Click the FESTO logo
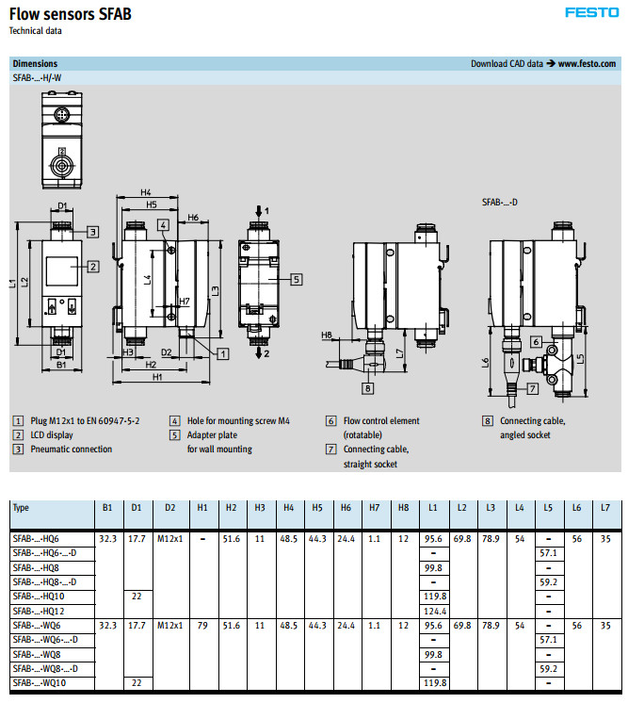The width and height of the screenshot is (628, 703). [590, 12]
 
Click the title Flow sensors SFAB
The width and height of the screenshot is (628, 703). [71, 13]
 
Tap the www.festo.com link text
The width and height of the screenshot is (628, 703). [588, 64]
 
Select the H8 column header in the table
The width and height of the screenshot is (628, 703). [404, 508]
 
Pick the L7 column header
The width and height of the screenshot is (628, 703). [606, 508]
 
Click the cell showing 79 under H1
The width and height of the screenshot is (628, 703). [203, 625]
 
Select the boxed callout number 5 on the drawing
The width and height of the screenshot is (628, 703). [296, 279]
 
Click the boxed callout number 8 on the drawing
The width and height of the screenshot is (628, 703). [367, 387]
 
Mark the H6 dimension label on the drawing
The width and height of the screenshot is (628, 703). [192, 218]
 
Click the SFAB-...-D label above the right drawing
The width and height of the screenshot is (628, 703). [500, 202]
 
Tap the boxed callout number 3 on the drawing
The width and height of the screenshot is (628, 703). [93, 231]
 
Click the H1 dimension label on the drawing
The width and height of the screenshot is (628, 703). [157, 377]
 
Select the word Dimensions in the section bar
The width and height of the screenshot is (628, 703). [35, 64]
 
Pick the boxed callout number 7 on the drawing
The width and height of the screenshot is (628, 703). [532, 387]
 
